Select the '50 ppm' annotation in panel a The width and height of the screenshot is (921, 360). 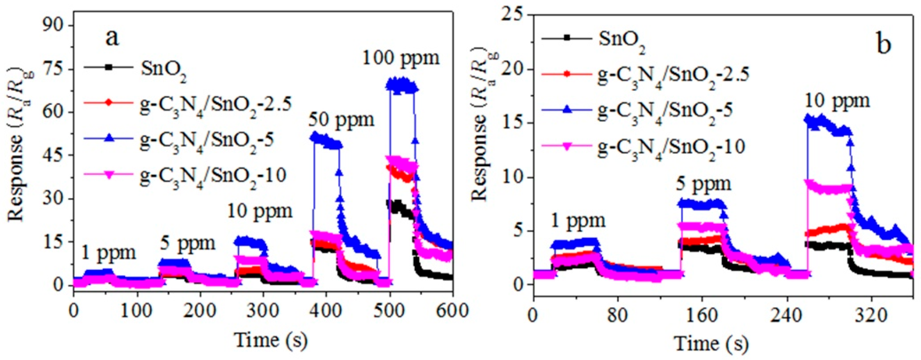341,120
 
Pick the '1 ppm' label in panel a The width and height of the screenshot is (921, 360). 108,253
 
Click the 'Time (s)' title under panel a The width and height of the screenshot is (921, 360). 271,341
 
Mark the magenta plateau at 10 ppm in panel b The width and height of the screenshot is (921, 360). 829,188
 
